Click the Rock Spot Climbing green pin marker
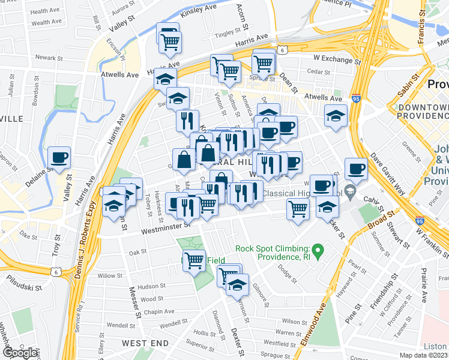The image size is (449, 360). pyautogui.click(x=319, y=248)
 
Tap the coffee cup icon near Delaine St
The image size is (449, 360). pyautogui.click(x=59, y=158)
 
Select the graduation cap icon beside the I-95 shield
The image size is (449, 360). pyautogui.click(x=336, y=116)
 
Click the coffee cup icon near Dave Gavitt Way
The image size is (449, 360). pyautogui.click(x=356, y=169)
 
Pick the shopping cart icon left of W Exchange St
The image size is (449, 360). pyautogui.click(x=263, y=63)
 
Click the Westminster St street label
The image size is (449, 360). pyautogui.click(x=166, y=227)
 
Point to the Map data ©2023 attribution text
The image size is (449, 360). pyautogui.click(x=424, y=355)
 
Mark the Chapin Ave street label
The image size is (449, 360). pyautogui.click(x=159, y=311)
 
